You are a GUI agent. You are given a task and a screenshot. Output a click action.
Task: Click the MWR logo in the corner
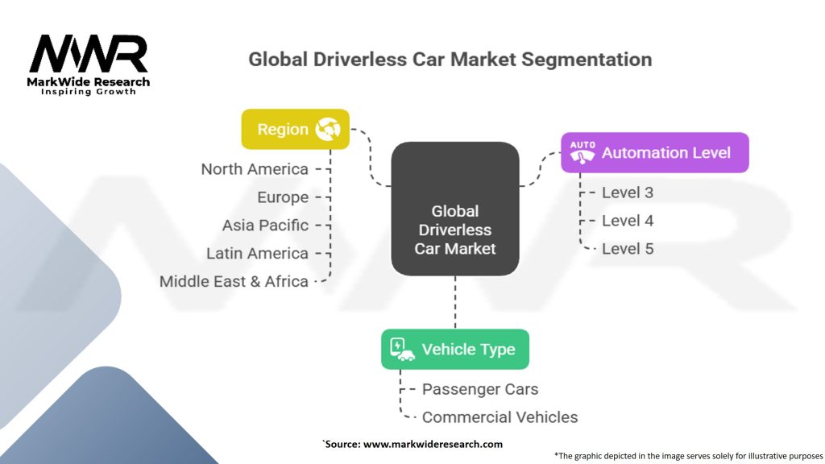[89, 63]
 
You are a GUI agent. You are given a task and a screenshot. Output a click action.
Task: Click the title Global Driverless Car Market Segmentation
[450, 60]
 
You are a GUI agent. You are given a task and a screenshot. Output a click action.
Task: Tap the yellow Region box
[295, 129]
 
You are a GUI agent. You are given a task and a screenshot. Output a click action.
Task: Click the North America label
[255, 169]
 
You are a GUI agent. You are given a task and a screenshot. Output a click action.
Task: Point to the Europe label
[283, 197]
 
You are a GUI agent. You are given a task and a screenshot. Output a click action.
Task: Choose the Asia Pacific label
[265, 226]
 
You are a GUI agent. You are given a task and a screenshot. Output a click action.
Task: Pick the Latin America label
[257, 254]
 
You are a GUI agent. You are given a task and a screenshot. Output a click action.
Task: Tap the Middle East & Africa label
[234, 282]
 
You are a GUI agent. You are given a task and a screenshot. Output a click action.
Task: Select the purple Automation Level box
[654, 152]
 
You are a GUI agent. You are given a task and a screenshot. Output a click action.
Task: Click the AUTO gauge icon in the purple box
[582, 152]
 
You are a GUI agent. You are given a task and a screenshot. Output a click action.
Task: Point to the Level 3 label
[628, 193]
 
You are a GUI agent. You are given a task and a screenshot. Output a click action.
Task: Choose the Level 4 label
[628, 221]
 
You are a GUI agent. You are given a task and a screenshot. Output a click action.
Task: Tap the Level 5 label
[628, 249]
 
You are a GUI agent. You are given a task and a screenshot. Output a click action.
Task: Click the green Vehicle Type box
[455, 350]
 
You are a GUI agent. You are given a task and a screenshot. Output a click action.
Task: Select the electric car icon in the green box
[402, 350]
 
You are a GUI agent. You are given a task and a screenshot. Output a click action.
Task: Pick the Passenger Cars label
[480, 389]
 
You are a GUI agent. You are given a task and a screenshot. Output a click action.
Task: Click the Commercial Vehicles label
[500, 417]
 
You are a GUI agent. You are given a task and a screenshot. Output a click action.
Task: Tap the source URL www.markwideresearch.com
[433, 444]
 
